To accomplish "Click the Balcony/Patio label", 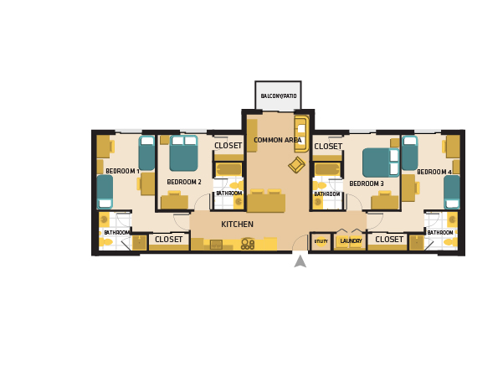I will tap(278, 96).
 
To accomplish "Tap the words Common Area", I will tap(277, 140).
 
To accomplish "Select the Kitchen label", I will tap(237, 225).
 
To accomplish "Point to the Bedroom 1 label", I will tap(122, 171).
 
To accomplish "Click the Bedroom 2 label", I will tap(184, 182).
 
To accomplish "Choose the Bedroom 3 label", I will tap(367, 183).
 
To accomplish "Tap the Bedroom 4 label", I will tap(434, 172).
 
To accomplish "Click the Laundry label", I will tap(351, 241).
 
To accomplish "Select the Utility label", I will tap(321, 241).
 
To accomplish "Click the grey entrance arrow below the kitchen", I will tap(300, 261).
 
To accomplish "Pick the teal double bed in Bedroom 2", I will tap(183, 153).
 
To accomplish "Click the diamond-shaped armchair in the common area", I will tap(296, 165).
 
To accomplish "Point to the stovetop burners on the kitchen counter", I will tap(248, 244).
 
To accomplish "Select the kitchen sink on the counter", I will tap(216, 244).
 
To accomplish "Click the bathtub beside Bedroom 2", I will tap(228, 169).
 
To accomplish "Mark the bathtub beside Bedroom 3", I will tap(326, 169).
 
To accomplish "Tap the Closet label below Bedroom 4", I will tap(389, 240).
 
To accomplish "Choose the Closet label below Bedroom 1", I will tap(168, 240).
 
